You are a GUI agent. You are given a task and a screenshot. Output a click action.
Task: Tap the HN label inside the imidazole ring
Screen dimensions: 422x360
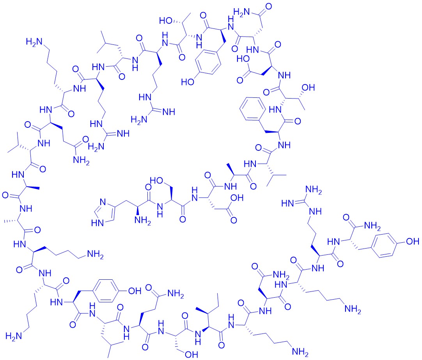click(98, 223)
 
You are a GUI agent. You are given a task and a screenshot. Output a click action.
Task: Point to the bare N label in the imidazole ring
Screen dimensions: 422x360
click(103, 202)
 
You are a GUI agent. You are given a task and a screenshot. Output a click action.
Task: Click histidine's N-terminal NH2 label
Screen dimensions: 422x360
click(142, 221)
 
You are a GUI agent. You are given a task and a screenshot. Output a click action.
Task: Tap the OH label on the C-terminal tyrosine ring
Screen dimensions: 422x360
click(413, 241)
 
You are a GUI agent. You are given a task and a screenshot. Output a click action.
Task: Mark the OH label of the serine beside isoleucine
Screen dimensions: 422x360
click(191, 355)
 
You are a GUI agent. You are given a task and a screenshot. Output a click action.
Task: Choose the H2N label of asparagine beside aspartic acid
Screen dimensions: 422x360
click(242, 12)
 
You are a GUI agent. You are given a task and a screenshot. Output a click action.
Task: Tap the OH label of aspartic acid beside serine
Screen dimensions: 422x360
click(237, 198)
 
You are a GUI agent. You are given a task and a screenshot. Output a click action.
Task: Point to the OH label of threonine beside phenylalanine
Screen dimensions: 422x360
click(308, 87)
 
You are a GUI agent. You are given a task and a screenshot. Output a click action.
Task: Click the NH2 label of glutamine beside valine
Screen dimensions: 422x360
click(81, 161)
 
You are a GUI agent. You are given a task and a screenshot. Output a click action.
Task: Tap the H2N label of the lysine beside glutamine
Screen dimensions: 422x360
click(34, 42)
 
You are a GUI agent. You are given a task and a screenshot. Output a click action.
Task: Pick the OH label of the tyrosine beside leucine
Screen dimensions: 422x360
click(135, 291)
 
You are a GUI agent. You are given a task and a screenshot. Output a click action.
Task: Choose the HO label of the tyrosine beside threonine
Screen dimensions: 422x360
click(188, 81)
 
